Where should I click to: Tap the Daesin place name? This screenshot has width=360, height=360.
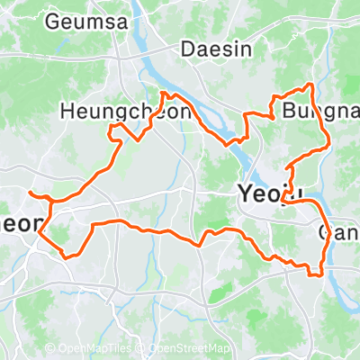point(217,49)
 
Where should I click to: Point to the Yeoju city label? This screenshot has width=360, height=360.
point(268,192)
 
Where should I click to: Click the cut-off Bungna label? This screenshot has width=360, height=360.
point(319,112)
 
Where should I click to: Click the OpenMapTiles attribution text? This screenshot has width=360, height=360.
point(93,349)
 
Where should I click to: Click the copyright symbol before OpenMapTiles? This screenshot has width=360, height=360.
point(49,349)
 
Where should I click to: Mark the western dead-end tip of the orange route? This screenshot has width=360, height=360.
point(30,193)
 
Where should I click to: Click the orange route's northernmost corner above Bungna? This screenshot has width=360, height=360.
point(311,85)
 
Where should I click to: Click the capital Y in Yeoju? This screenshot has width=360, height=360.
point(244,192)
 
